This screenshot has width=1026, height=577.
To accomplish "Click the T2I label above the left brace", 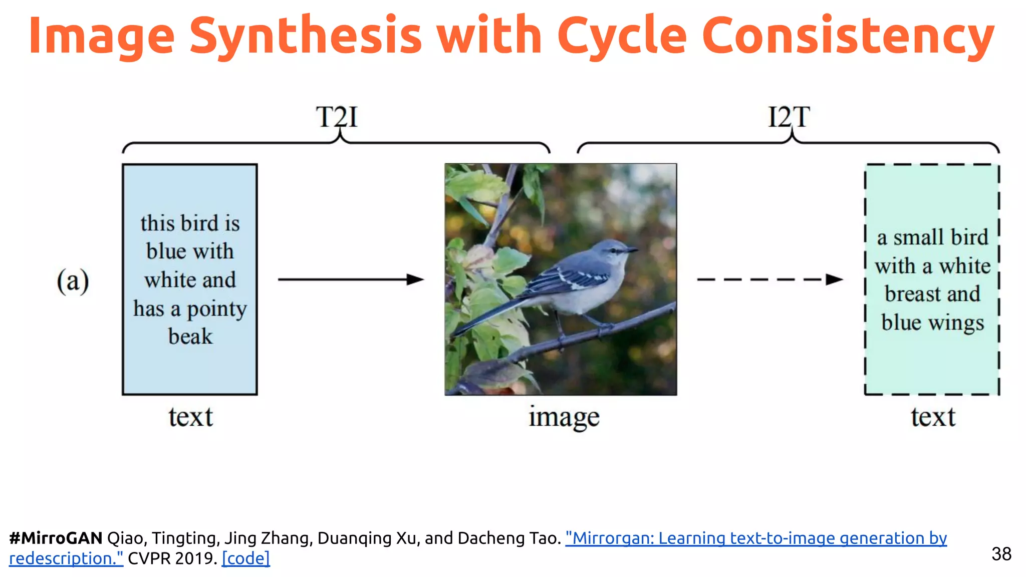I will point(337,117).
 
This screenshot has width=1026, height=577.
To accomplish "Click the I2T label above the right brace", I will point(789,117).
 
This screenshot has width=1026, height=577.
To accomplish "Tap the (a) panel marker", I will point(73,280).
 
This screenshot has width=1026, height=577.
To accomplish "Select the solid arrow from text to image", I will point(351,279).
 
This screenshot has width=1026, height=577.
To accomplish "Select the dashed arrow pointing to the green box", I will point(769,279).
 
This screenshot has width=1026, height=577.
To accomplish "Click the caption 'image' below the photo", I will point(564,417).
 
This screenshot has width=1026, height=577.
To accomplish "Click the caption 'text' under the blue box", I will point(190,417).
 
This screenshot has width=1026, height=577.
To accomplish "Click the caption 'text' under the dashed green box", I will point(933,417).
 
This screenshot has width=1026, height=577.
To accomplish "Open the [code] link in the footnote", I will point(246,558).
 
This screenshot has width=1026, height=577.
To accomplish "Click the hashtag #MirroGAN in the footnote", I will point(56,538).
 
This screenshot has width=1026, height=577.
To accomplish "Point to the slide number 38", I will point(1001,554).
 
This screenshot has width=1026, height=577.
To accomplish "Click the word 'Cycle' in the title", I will point(622,36).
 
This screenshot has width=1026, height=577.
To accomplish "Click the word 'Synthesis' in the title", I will point(306,36).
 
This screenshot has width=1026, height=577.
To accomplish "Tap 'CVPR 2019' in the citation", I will point(171,558).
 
